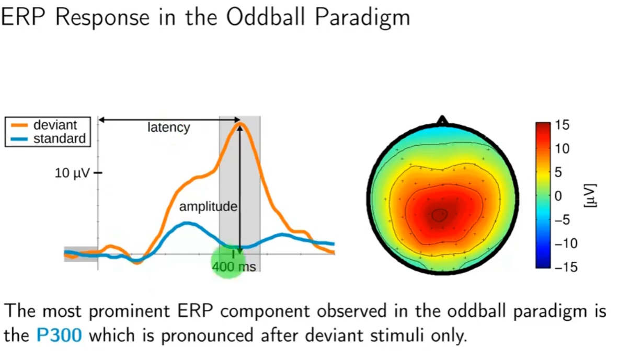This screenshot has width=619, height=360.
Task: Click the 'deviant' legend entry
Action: [54, 125]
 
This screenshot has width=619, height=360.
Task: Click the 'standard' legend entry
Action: [59, 138]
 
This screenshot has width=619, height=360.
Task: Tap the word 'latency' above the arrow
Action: [168, 127]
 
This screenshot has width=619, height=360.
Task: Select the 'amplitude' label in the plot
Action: [208, 207]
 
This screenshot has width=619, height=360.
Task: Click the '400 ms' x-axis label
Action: [234, 267]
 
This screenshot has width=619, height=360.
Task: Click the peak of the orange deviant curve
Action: [239, 124]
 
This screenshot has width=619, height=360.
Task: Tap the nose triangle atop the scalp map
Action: [443, 120]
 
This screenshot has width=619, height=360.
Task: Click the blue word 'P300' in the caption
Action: [59, 335]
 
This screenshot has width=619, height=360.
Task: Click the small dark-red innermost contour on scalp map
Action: [440, 214]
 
